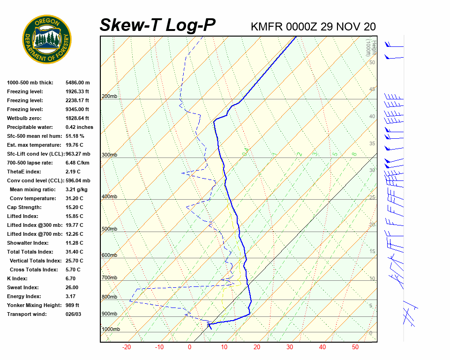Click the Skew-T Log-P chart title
coord(157,25)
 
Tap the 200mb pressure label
coord(109,97)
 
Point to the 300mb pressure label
coord(109,155)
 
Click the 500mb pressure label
coord(109,229)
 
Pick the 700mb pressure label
coord(109,278)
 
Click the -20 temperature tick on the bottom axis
coord(126,347)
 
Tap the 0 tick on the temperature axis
coord(189,347)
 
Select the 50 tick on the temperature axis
coord(355,347)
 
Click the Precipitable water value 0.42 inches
coord(79,127)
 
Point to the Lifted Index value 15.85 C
coord(74,216)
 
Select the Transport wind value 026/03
coord(73,314)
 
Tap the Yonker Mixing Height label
coord(35,305)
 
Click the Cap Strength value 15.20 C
coord(74,207)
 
